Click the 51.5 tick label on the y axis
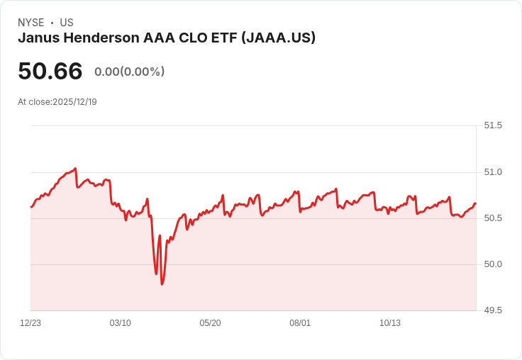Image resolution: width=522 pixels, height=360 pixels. (492, 125)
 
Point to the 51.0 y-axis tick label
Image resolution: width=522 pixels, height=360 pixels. (492, 172)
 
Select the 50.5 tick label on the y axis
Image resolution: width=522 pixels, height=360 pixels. (492, 218)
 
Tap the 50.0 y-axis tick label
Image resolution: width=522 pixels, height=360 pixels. (492, 264)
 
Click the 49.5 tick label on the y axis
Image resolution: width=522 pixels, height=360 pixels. (492, 310)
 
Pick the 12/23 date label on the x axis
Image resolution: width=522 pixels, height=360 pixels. (30, 323)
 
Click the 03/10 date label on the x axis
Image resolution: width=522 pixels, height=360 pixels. (121, 323)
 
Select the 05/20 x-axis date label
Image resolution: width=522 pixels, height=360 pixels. (210, 323)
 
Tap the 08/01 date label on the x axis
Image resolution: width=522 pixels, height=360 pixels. (300, 323)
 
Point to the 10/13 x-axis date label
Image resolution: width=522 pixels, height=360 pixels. (390, 323)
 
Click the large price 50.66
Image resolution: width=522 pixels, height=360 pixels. (50, 71)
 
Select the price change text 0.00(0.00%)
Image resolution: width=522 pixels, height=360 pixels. (129, 72)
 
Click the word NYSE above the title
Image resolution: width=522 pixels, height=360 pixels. (30, 23)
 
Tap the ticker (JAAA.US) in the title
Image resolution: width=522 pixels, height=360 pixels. (278, 38)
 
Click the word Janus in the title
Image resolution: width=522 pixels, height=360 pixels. (37, 38)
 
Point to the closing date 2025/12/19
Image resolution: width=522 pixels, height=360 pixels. (74, 102)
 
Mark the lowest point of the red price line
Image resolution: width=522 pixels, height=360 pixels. (162, 284)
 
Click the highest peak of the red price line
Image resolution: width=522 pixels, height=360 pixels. (75, 169)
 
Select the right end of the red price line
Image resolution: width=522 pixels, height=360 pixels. (475, 204)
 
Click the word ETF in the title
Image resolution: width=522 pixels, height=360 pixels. (224, 38)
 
